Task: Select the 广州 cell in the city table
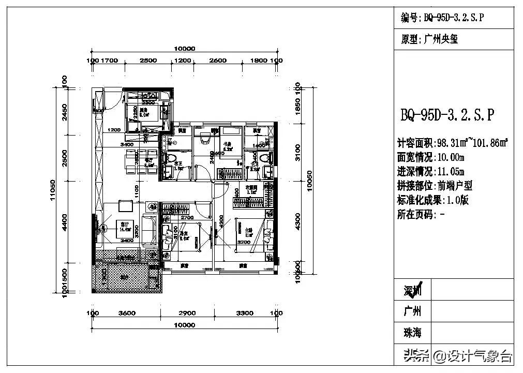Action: coord(412,311)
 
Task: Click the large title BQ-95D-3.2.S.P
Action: coord(447,115)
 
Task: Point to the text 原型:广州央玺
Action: coord(429,39)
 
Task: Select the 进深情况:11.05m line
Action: coord(430,171)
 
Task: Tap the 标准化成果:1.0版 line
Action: coord(432,200)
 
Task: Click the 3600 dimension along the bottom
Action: coord(127,313)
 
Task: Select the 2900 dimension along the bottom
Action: coord(187,313)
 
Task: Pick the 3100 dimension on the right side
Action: coord(297,153)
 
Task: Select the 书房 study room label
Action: coord(226,144)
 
